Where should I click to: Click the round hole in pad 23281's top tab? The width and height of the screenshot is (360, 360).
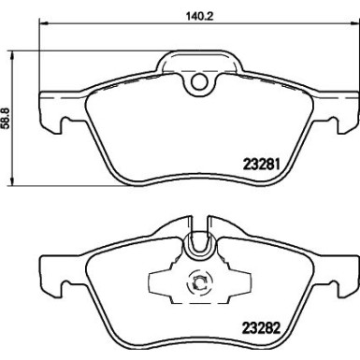pos(197,84)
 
